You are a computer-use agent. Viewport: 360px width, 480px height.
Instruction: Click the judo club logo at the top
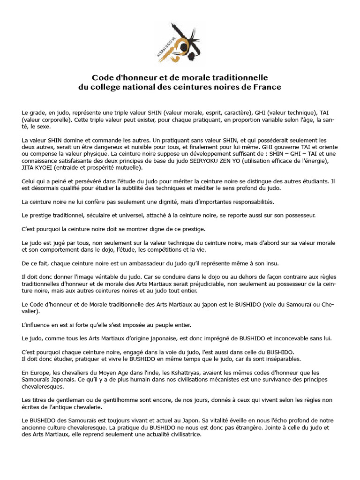(x=180, y=43)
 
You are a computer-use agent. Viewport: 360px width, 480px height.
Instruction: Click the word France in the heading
(x=267, y=87)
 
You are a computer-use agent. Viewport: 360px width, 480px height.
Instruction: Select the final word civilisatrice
(x=180, y=435)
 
